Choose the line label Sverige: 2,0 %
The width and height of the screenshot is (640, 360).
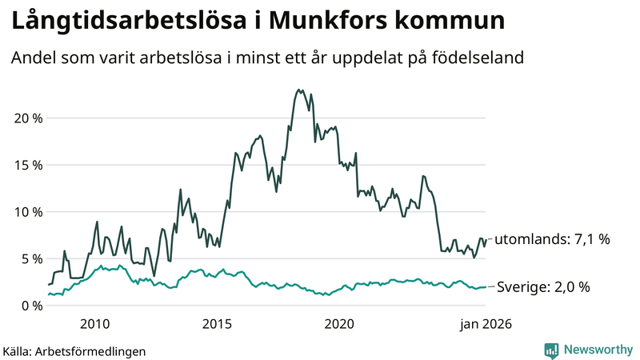[544, 286]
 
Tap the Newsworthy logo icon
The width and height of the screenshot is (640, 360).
[551, 350]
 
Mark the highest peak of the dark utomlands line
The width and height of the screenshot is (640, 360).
[298, 90]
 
